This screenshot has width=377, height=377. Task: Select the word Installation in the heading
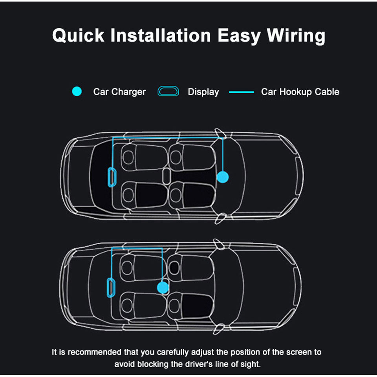161,35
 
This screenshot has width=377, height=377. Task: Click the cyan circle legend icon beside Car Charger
77,92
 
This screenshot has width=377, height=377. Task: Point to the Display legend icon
168,92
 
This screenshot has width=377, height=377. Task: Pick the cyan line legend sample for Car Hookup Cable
242,92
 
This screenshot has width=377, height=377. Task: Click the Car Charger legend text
119,92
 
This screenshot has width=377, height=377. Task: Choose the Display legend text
203,92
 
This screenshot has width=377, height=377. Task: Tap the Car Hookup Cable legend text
300,92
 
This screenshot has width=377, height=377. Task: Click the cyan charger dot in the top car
223,177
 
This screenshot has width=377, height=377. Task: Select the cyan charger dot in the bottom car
163,288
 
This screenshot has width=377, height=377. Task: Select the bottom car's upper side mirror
219,243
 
